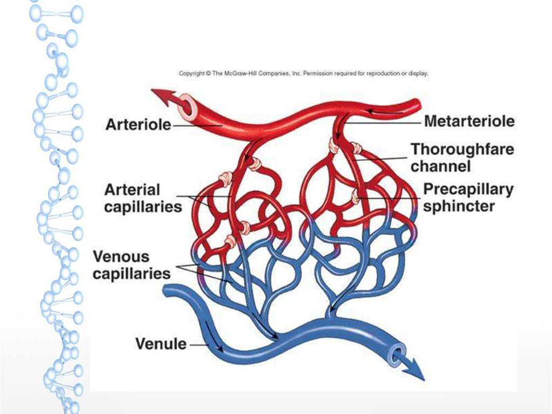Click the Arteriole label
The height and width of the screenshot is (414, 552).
tap(138, 125)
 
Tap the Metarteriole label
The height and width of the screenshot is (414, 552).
tap(469, 121)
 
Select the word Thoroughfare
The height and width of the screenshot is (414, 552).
tap(462, 149)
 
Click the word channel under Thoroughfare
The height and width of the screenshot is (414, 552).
tap(440, 166)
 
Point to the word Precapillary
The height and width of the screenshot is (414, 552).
tap(468, 189)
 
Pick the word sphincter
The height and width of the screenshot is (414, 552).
tap(459, 206)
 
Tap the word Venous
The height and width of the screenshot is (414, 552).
tap(121, 256)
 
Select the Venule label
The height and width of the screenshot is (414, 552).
tap(161, 343)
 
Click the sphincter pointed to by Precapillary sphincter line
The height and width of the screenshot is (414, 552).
tap(356, 198)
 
